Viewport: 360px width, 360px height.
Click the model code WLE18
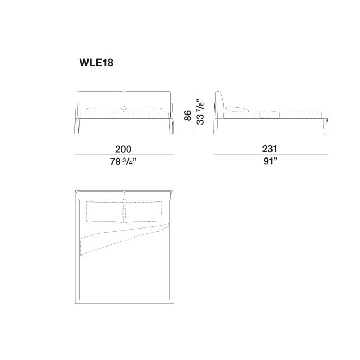96,63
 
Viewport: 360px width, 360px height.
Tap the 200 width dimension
124,149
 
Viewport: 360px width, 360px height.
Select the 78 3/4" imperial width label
123,162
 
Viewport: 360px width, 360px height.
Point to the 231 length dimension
269,149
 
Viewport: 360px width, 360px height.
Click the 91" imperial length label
270,161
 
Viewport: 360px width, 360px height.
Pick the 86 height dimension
188,115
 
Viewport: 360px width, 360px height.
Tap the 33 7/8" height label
200,111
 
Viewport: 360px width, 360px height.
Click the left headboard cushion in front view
101,102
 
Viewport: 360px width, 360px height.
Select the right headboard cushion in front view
147,102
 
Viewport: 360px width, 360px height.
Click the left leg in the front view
77,118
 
